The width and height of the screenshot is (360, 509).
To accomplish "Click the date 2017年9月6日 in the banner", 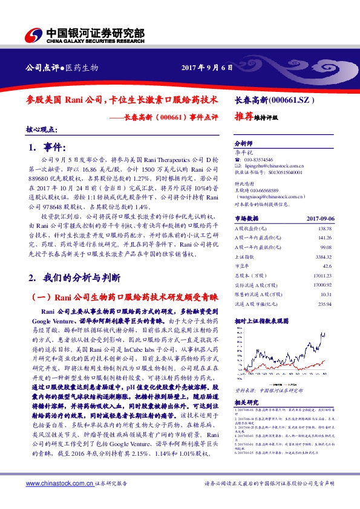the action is coord(207,68).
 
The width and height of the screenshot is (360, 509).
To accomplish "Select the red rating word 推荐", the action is coord(243,118).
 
